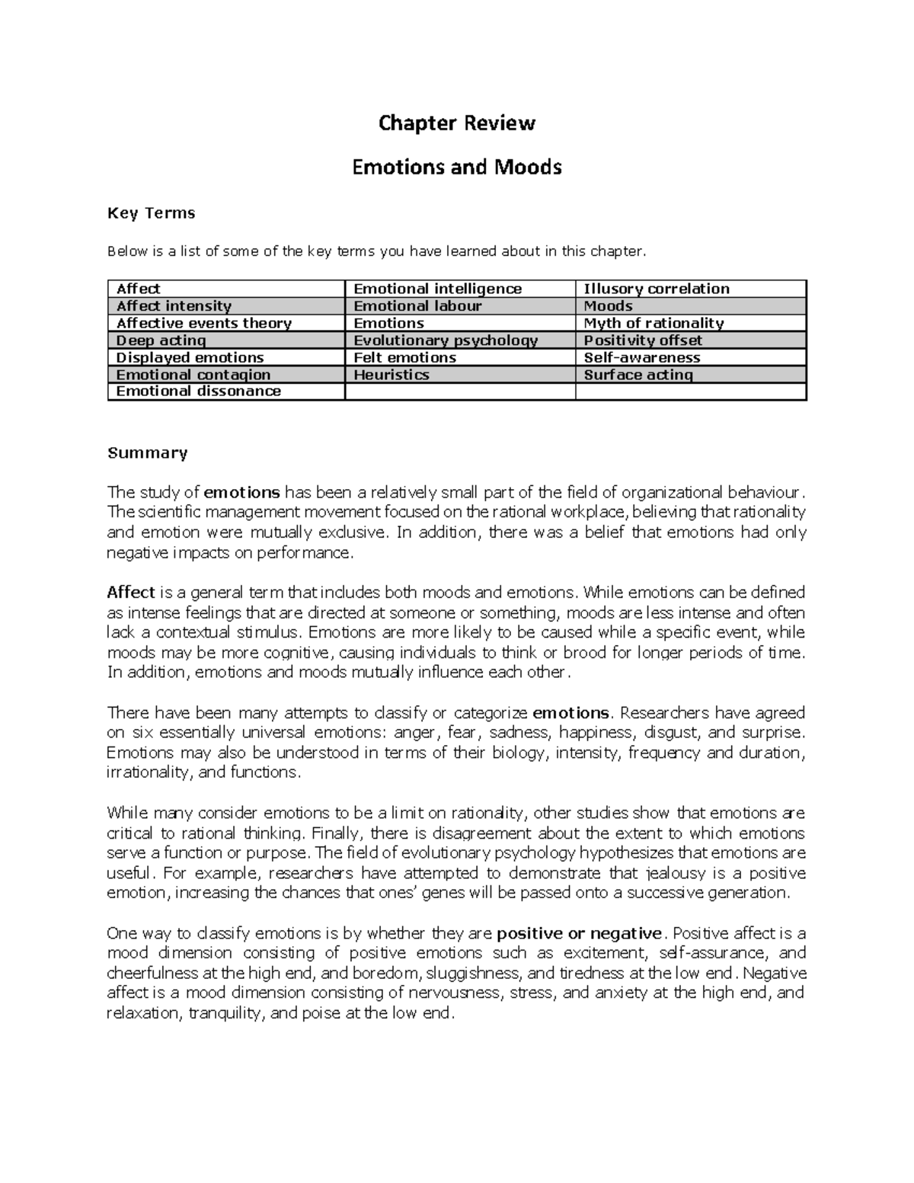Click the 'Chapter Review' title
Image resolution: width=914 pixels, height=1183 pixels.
457,123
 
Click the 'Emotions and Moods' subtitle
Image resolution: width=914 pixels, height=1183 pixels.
457,167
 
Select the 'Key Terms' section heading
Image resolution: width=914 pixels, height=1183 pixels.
152,213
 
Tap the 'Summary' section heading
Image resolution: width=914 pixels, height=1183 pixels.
147,453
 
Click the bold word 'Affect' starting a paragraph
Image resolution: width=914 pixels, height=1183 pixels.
131,593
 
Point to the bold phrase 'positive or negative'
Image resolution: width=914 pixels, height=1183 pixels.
579,934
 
